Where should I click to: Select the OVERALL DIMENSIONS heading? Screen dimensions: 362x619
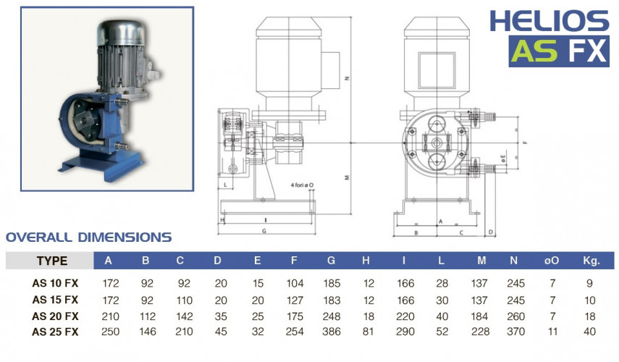pyautogui.click(x=88, y=237)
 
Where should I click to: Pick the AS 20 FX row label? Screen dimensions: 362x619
pyautogui.click(x=56, y=315)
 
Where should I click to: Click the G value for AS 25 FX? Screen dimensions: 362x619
pyautogui.click(x=332, y=331)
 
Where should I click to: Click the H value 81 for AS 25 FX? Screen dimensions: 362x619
pyautogui.click(x=369, y=331)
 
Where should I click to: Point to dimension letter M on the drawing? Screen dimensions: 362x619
pyautogui.click(x=348, y=177)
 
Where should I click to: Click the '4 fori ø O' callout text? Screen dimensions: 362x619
pyautogui.click(x=301, y=186)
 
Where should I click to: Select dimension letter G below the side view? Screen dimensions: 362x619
pyautogui.click(x=266, y=231)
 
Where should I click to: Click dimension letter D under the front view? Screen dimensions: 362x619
pyautogui.click(x=490, y=232)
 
